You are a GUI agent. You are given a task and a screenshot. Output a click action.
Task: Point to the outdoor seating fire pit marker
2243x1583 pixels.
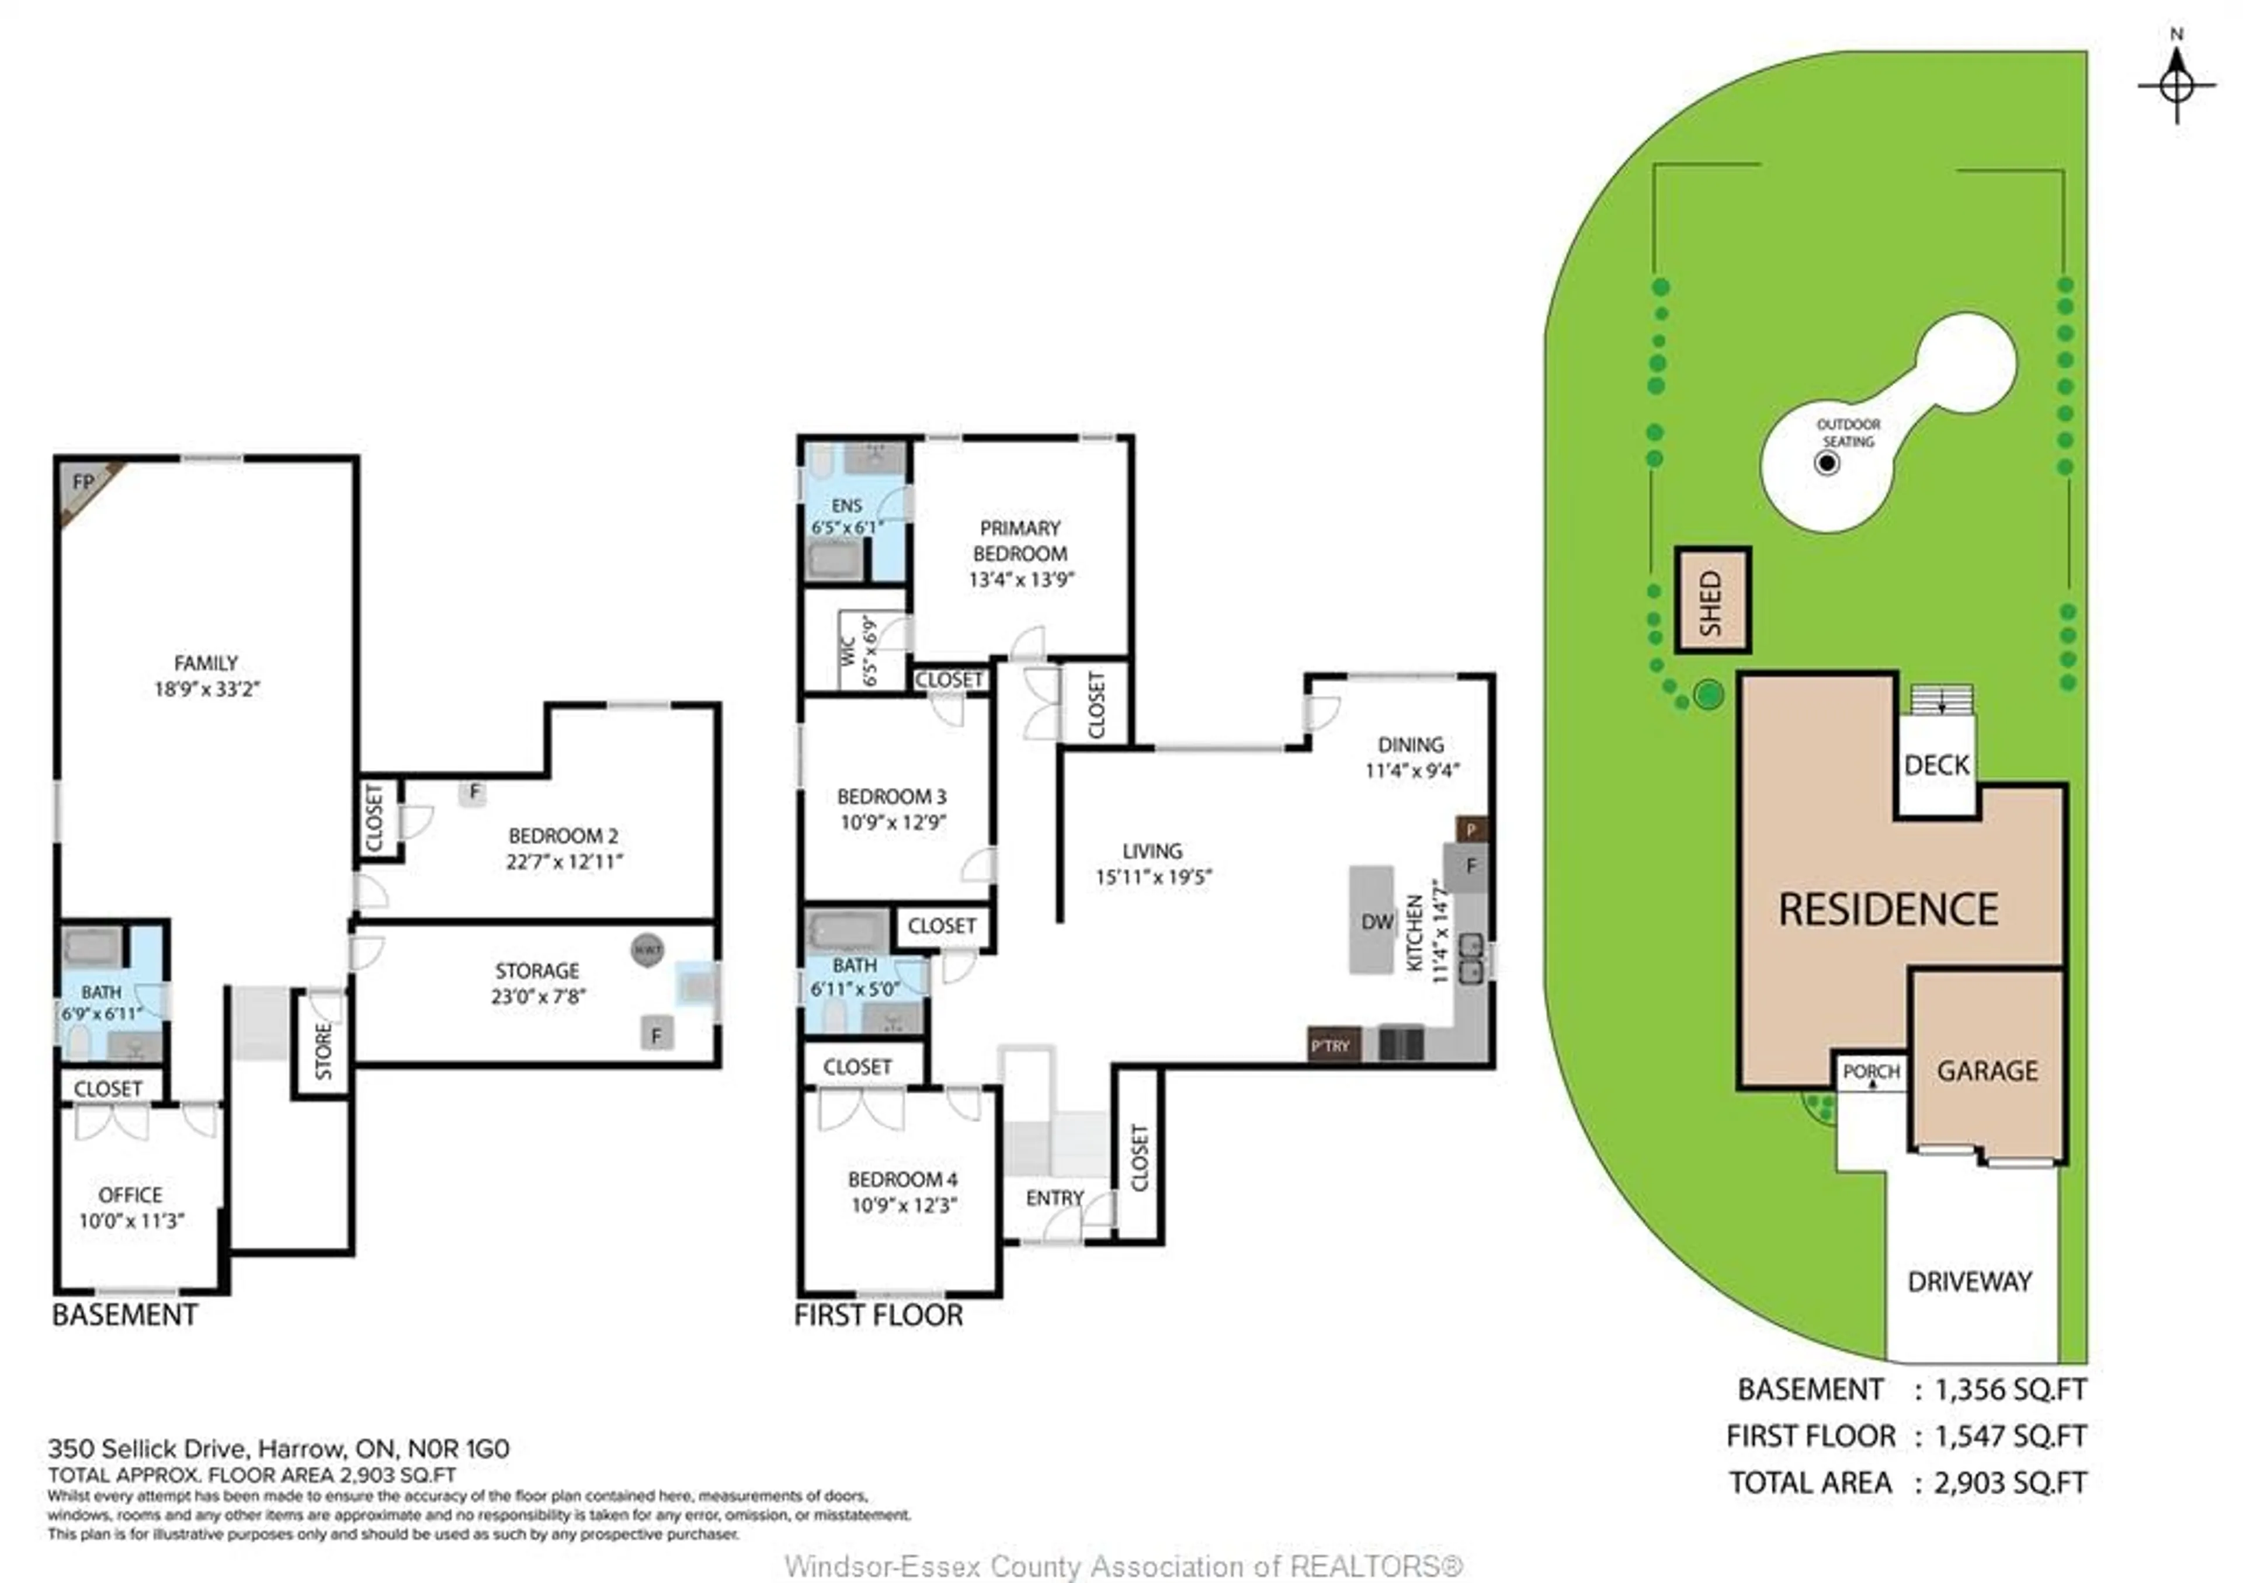(x=1827, y=463)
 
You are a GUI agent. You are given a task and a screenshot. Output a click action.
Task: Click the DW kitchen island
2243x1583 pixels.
(x=1373, y=919)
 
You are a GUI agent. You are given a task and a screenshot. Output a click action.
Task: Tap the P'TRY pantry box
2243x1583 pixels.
(x=1334, y=1045)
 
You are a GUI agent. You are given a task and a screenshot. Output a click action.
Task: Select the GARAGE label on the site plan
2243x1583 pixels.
(x=1987, y=1071)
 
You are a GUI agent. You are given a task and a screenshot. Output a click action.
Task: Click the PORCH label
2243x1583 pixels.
(x=1871, y=1071)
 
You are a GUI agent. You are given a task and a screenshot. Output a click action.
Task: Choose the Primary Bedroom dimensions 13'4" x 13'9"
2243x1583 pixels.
(x=1021, y=579)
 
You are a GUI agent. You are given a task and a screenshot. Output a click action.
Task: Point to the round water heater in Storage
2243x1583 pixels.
(x=647, y=949)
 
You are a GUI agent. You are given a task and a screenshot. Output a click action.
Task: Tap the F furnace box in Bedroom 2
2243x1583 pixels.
(x=474, y=792)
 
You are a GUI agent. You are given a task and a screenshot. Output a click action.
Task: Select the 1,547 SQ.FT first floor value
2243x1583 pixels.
(x=2011, y=1436)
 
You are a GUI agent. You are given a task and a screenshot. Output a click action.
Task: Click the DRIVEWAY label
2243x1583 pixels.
(x=1970, y=1281)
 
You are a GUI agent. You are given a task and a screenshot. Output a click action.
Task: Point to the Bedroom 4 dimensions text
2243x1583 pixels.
(x=904, y=1205)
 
